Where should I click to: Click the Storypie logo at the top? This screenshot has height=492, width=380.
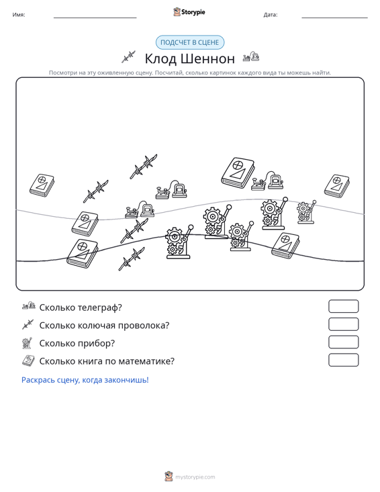point(189,12)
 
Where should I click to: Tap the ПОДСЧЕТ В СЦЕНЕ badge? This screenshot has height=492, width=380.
point(190,42)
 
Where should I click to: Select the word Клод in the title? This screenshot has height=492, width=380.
point(160,59)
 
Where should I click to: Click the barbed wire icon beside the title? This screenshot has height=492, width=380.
point(128,57)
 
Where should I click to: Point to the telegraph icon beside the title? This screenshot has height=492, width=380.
point(251,56)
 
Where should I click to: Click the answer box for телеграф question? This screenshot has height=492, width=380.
point(343,306)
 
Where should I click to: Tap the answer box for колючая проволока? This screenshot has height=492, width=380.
point(343,324)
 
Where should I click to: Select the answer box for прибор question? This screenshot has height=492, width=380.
point(343,342)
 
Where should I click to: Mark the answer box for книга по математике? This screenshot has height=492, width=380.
point(343,360)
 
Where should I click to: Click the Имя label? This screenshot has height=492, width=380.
point(19,15)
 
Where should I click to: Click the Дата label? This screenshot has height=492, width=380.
point(271,15)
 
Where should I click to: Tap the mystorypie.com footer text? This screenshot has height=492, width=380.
point(195,477)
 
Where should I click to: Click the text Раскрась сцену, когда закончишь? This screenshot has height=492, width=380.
point(85,380)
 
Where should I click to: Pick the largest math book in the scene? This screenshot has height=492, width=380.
point(238,173)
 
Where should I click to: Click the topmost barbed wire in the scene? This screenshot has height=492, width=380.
point(144,166)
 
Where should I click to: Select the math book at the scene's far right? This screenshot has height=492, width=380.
point(337,186)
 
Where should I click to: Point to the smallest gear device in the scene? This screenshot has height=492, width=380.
point(306,212)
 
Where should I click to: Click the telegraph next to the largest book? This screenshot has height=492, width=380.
point(267,181)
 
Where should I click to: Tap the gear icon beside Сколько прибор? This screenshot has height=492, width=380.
point(28,343)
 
